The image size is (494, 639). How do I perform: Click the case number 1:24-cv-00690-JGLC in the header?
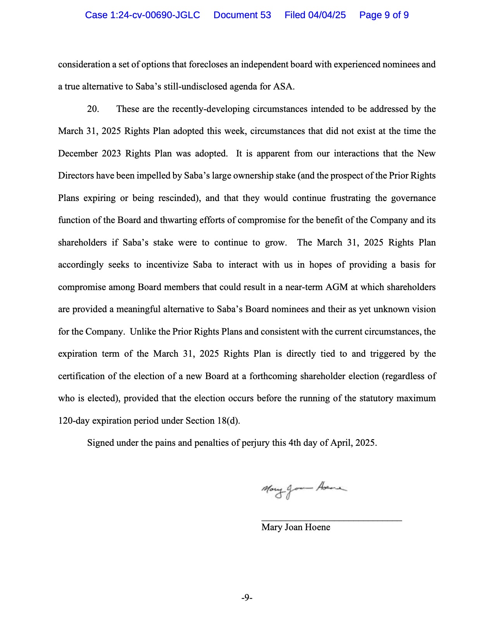[x=142, y=15]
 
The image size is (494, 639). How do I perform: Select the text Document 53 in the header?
[x=242, y=15]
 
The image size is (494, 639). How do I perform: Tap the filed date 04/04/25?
[x=327, y=15]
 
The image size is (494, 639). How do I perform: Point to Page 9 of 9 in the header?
[x=384, y=15]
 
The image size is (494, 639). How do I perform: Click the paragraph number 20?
[x=93, y=109]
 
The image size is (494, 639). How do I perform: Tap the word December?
[x=77, y=153]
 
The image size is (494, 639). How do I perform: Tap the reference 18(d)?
[x=228, y=421]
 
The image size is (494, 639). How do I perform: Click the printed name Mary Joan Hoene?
[x=296, y=527]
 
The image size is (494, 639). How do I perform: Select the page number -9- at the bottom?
[x=247, y=598]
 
